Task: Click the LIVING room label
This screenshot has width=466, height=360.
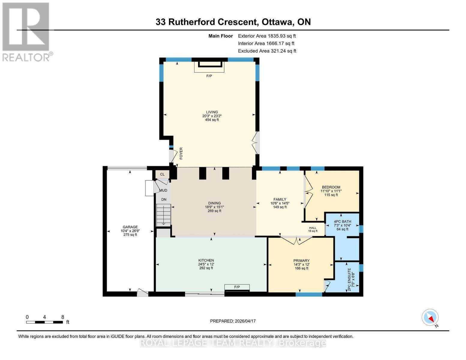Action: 212,112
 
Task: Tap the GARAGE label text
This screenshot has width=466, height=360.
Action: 130,227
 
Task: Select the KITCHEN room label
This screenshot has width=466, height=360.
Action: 206,260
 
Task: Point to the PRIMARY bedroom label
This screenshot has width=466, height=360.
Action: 301,260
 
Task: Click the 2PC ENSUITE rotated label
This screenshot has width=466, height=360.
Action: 349,279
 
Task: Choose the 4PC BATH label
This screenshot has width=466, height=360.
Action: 342,221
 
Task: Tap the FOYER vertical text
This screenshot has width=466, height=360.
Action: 181,153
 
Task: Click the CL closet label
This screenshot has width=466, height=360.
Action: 162,174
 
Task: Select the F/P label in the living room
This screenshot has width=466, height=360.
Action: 209,76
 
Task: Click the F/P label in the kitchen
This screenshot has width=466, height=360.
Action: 237,287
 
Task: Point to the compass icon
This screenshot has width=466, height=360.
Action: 430,317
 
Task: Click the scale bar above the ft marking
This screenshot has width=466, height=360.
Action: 44,322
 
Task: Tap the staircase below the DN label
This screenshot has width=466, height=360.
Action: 164,215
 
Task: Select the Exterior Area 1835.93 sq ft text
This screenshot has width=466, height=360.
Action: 267,36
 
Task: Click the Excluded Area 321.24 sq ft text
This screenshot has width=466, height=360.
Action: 267,51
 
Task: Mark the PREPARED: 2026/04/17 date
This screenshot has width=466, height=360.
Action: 233,321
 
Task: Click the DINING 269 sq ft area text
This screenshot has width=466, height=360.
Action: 214,211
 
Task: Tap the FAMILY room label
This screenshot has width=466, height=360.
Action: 280,199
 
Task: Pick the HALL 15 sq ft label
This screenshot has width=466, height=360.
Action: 313,229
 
